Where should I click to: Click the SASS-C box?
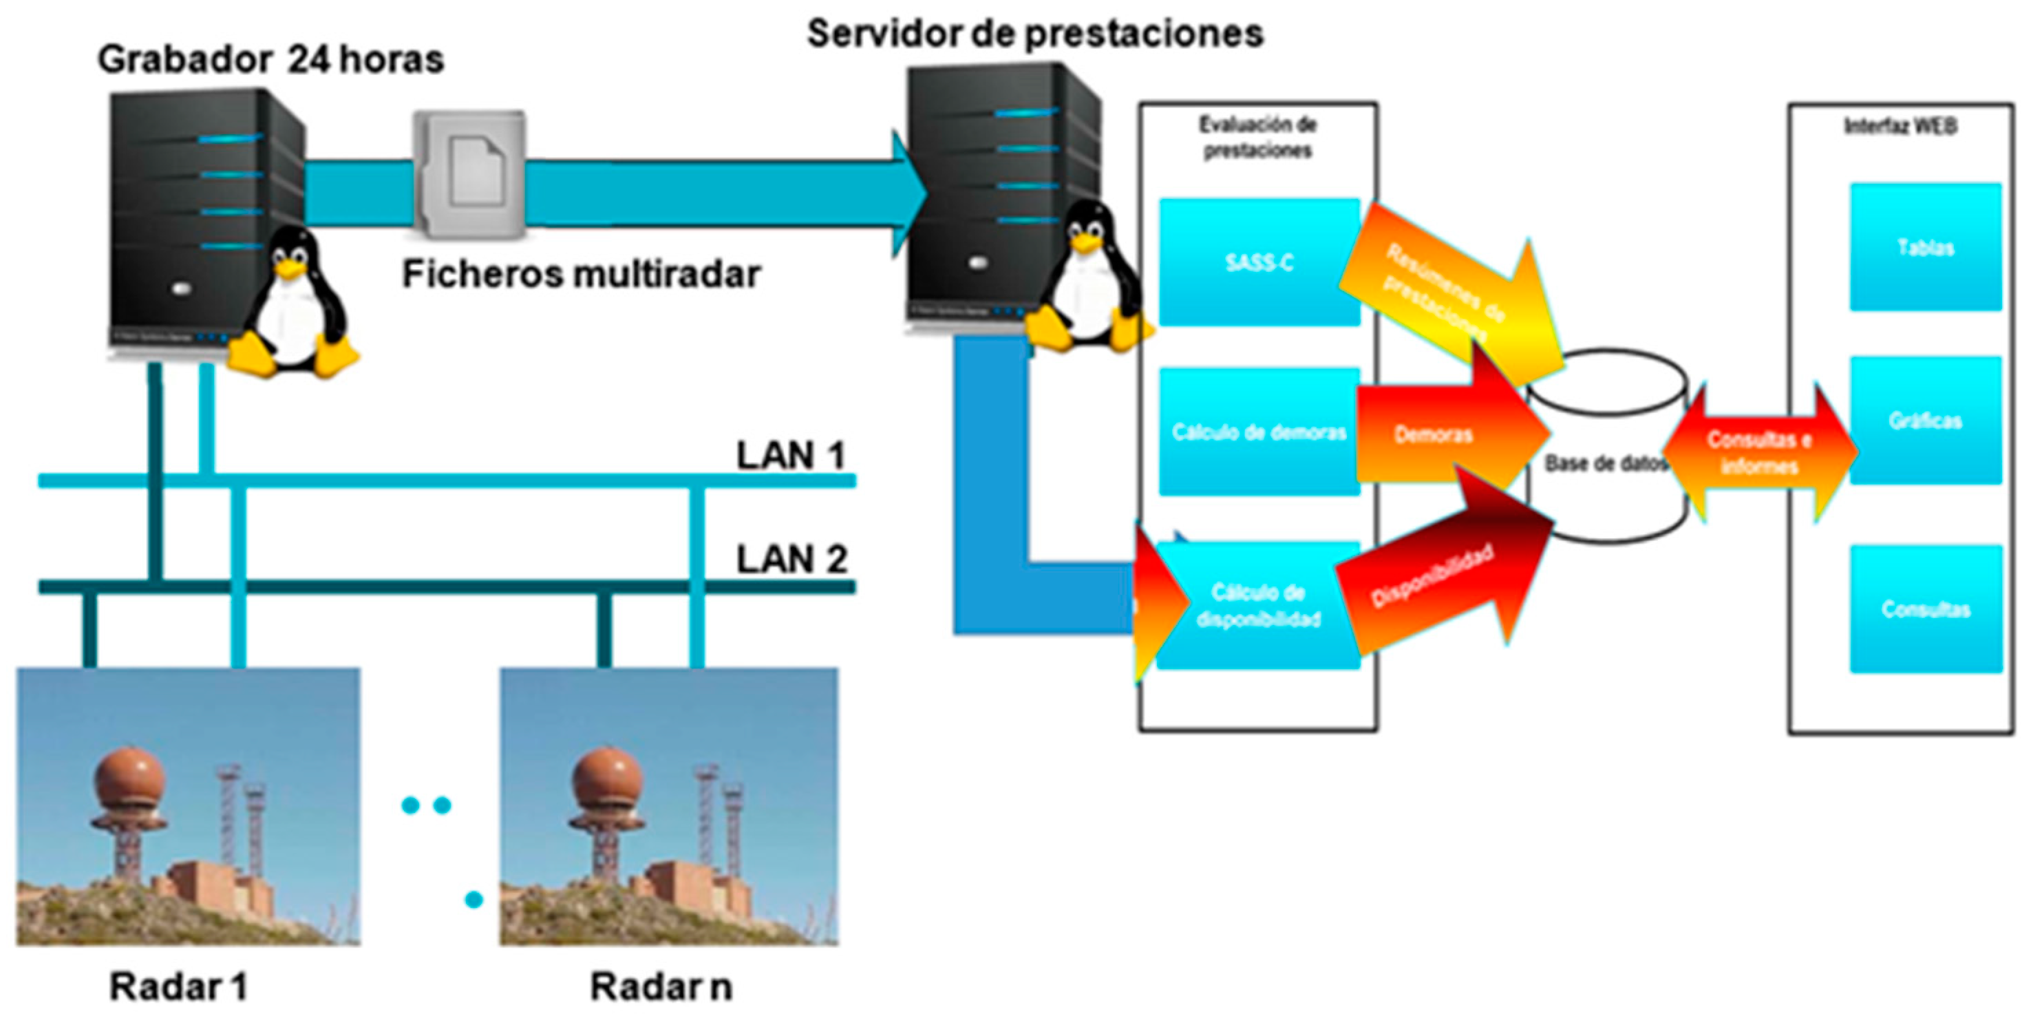(x=1259, y=262)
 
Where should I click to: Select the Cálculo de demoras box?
(x=1259, y=432)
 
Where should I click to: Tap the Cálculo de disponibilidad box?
(x=1259, y=606)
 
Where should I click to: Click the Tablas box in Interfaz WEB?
(x=1925, y=248)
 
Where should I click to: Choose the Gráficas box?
(x=1925, y=421)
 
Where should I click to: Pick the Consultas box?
(x=1925, y=608)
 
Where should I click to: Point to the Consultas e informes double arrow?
(x=1760, y=453)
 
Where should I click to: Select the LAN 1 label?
(x=791, y=455)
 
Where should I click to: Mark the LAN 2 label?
(x=791, y=559)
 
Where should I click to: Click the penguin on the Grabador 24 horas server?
(x=294, y=304)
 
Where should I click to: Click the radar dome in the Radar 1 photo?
(x=129, y=780)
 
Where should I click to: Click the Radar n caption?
(x=661, y=986)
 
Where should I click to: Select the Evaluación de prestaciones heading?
(x=1257, y=137)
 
